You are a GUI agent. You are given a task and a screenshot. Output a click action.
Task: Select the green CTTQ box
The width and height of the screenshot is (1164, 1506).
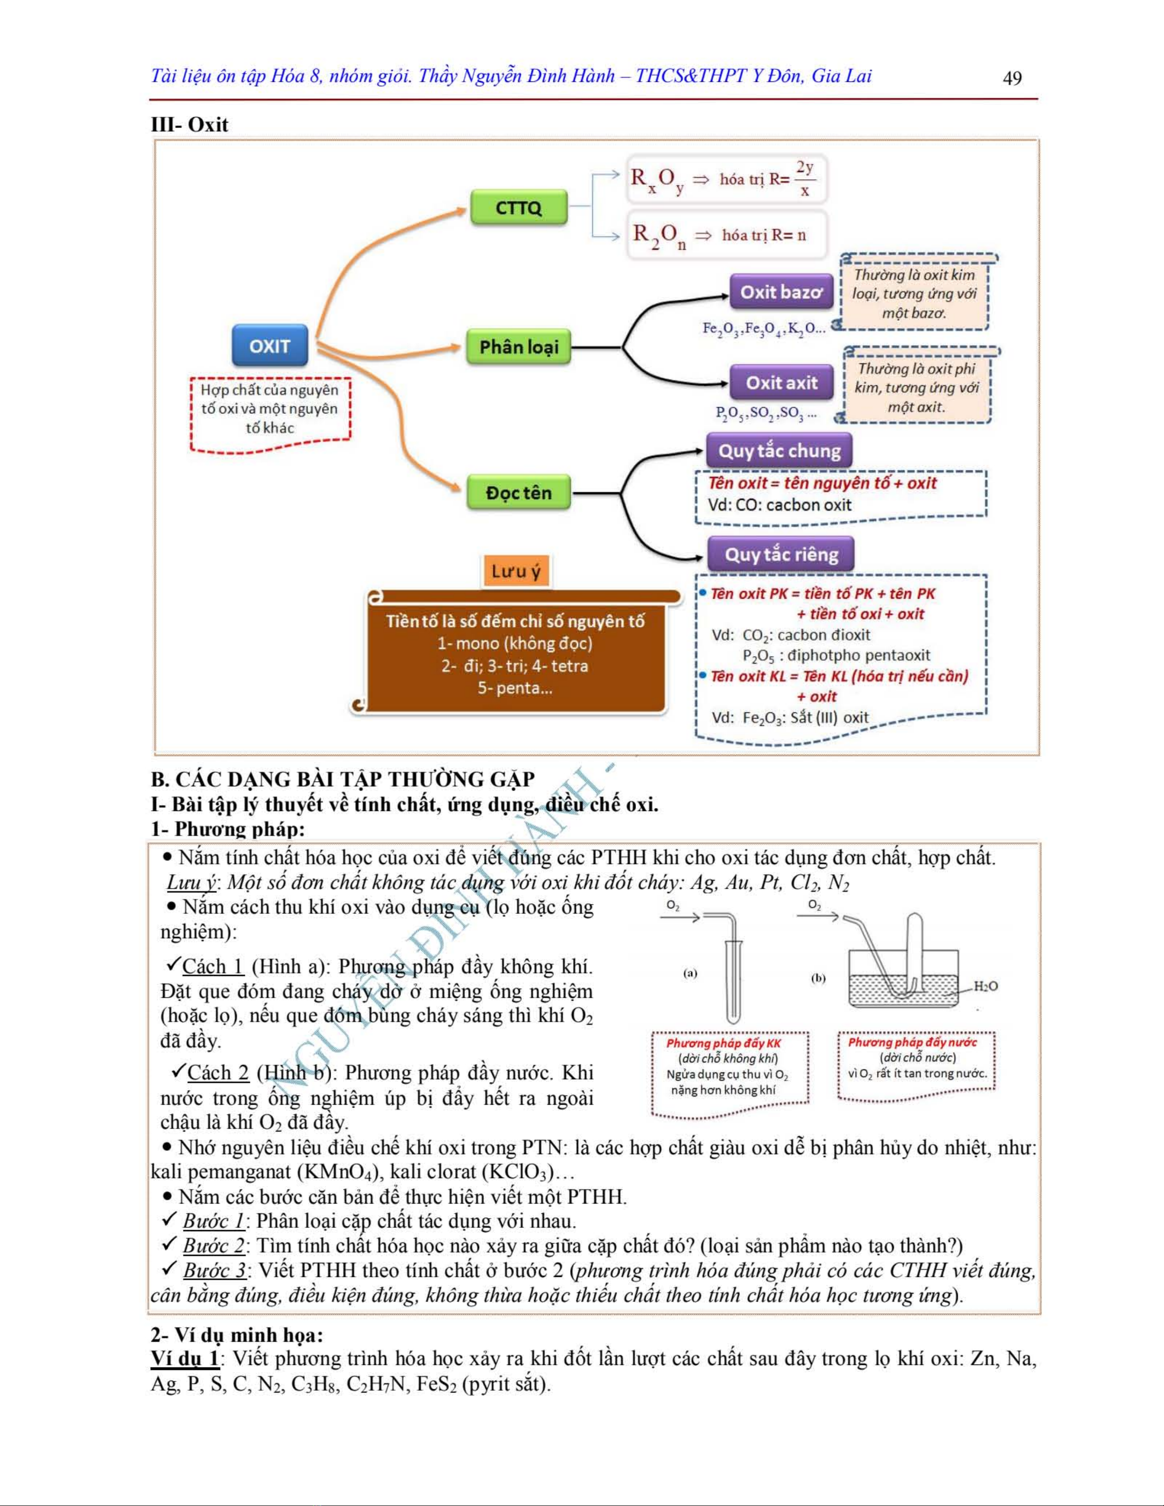(519, 207)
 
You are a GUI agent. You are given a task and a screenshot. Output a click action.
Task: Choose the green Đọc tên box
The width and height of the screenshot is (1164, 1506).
(519, 492)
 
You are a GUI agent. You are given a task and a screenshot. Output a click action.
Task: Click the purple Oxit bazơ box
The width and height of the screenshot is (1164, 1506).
(781, 292)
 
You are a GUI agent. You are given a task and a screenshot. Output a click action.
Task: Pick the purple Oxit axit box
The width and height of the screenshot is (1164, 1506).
(781, 383)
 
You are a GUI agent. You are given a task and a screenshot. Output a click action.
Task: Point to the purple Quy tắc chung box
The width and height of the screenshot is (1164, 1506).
(780, 451)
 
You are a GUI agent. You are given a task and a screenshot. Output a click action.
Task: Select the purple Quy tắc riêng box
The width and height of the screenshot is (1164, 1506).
(781, 554)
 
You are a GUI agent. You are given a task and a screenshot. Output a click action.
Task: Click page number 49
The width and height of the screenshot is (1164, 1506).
(1012, 78)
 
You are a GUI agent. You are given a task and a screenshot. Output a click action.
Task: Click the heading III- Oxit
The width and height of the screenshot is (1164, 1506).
(189, 125)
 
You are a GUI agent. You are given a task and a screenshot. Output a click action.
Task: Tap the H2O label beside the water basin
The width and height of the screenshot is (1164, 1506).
(985, 986)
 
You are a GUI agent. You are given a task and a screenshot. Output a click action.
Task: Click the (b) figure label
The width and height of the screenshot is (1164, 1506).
(818, 978)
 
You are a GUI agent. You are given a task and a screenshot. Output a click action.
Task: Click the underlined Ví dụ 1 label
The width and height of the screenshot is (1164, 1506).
(185, 1358)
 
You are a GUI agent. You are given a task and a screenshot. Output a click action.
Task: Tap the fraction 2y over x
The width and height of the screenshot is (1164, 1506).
(804, 179)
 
